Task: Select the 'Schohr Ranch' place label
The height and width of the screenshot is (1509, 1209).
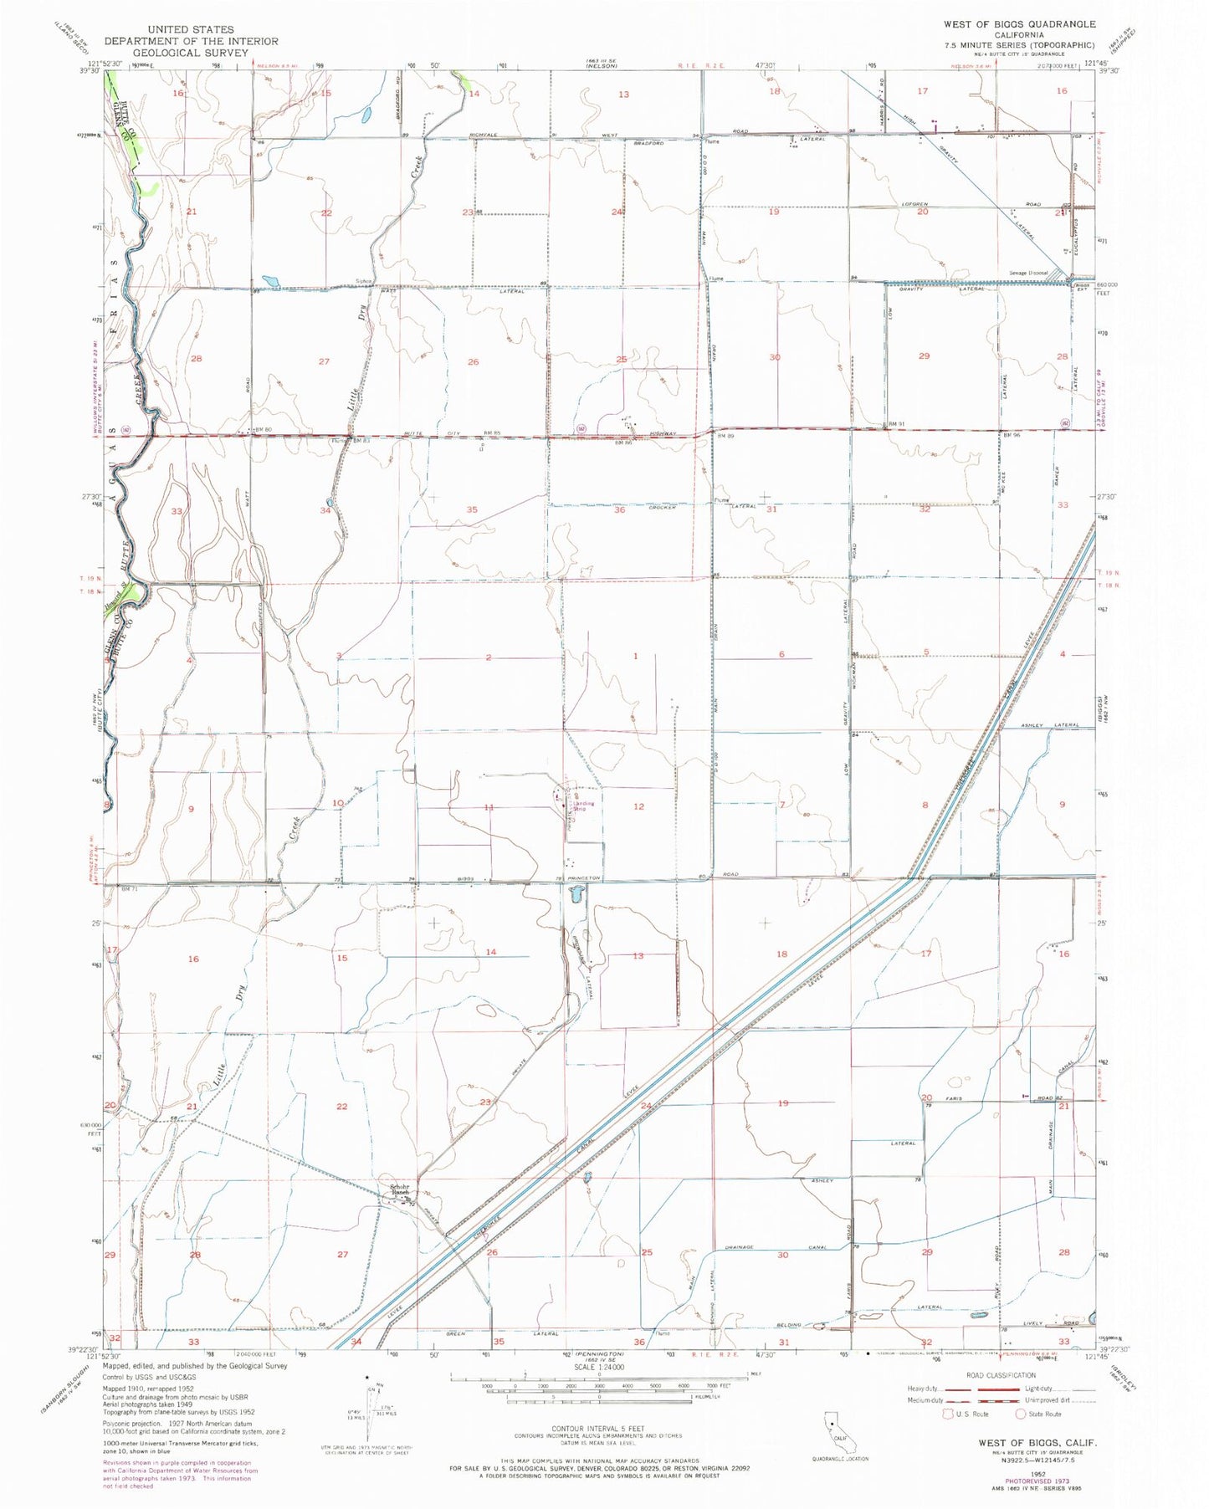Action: (x=398, y=1189)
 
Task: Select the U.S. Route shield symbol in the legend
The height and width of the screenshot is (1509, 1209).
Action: (x=941, y=1414)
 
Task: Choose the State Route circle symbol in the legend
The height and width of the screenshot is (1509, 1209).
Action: (x=1022, y=1414)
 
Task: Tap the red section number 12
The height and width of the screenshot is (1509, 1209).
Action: (x=638, y=806)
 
